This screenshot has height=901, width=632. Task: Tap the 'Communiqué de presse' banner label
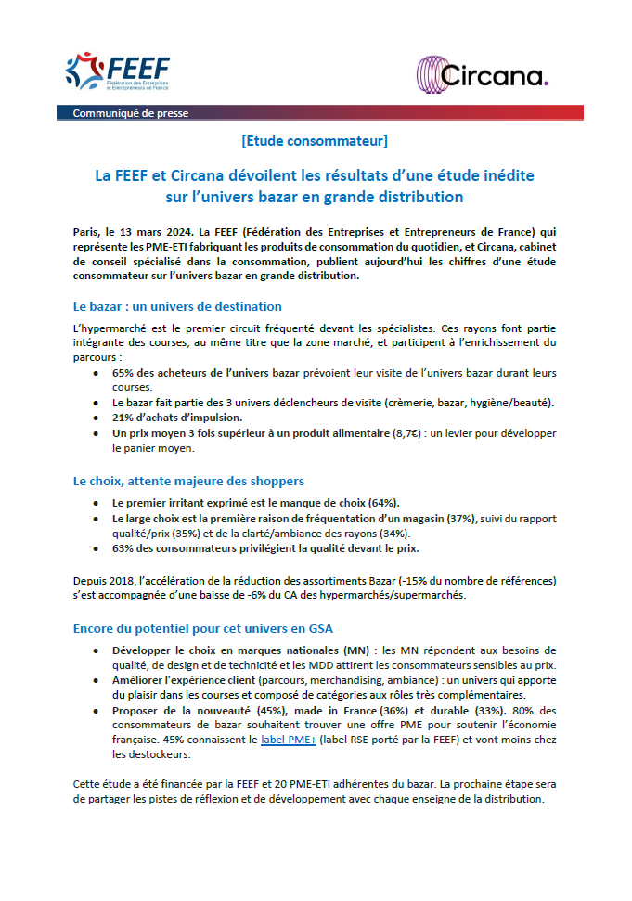click(130, 113)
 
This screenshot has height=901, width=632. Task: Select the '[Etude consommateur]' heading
click(314, 142)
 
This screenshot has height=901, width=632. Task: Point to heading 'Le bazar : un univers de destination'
click(177, 306)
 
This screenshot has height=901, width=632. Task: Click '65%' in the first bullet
click(125, 372)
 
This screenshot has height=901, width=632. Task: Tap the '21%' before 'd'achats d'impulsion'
click(124, 417)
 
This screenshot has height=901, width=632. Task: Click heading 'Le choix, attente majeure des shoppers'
click(188, 481)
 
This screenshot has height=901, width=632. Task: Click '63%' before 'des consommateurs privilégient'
click(125, 547)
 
